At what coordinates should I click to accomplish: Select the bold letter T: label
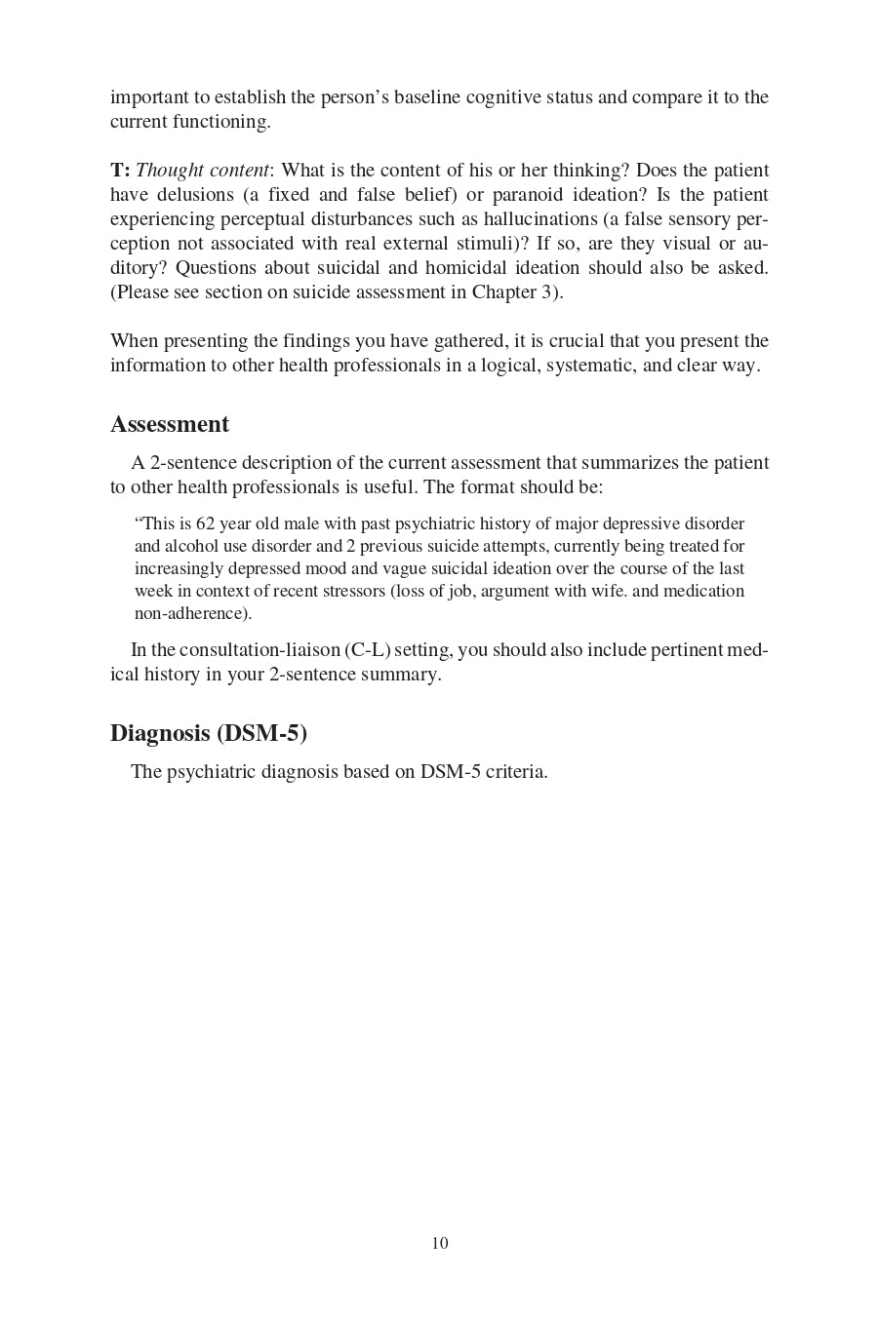click(x=120, y=171)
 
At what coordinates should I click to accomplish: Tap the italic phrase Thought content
click(x=202, y=171)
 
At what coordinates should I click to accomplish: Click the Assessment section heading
click(x=170, y=424)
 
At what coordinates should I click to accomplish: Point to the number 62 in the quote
click(x=205, y=524)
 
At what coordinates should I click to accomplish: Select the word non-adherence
click(x=192, y=614)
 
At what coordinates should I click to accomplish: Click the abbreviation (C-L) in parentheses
click(x=367, y=650)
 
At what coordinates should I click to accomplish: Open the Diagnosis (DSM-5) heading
click(x=209, y=733)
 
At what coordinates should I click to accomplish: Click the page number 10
click(x=440, y=1243)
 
